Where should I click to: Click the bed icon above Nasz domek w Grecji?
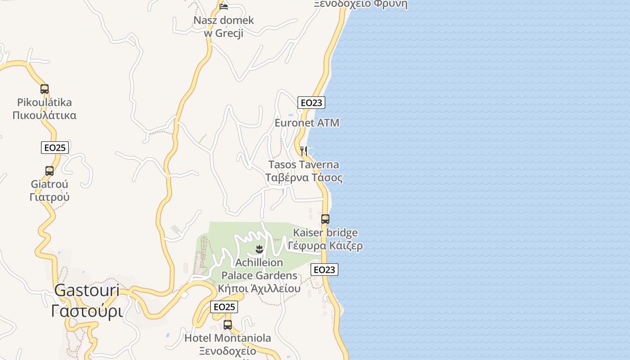[x=224, y=6]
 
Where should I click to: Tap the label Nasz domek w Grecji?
[x=224, y=27]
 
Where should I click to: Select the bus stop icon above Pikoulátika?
[x=45, y=89]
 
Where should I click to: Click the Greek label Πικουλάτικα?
[x=45, y=115]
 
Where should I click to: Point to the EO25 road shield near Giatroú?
[x=55, y=148]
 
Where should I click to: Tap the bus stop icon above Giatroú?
[x=49, y=171]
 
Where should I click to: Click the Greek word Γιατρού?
[x=49, y=197]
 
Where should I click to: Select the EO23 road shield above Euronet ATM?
[x=311, y=103]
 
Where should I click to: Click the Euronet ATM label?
[x=307, y=123]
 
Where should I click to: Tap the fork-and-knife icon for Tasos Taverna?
[x=304, y=151]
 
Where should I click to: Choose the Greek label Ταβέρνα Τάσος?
[x=304, y=178]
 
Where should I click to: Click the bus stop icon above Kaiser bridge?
[x=325, y=219]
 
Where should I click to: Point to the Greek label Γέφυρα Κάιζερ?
[x=325, y=246]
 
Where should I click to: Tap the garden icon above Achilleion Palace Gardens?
[x=259, y=249]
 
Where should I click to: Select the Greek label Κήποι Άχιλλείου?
[x=259, y=288]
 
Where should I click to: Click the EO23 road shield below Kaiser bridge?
[x=324, y=270]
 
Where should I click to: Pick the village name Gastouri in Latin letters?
[x=87, y=291]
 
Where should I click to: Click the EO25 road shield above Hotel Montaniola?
[x=224, y=307]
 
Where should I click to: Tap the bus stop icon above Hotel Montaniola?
[x=228, y=325]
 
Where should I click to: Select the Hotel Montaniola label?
[x=228, y=338]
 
